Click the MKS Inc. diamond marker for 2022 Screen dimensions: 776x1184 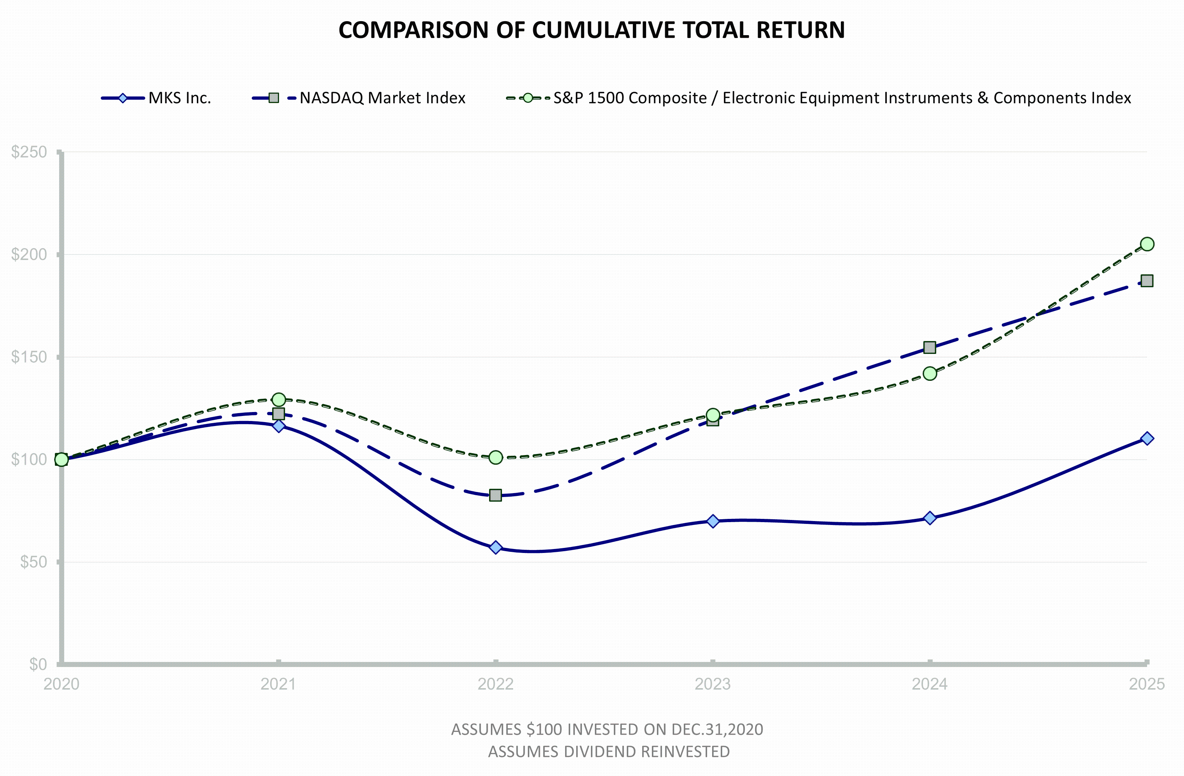[496, 548]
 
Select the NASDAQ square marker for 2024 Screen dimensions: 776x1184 [929, 347]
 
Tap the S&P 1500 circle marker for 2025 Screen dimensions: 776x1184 [1147, 244]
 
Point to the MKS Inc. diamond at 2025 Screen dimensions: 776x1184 [1147, 438]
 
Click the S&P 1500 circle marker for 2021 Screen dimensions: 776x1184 [279, 399]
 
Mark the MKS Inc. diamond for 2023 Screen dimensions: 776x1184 [712, 521]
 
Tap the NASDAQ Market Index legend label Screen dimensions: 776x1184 [382, 98]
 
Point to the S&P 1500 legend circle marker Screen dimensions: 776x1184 [528, 98]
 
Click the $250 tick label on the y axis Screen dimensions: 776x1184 [29, 152]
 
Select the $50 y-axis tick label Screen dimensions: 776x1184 [33, 562]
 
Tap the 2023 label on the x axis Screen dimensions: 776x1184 [712, 685]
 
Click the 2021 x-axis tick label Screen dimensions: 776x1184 [279, 685]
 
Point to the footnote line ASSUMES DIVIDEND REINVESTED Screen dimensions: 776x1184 [608, 752]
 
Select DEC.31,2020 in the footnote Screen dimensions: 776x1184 [717, 730]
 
